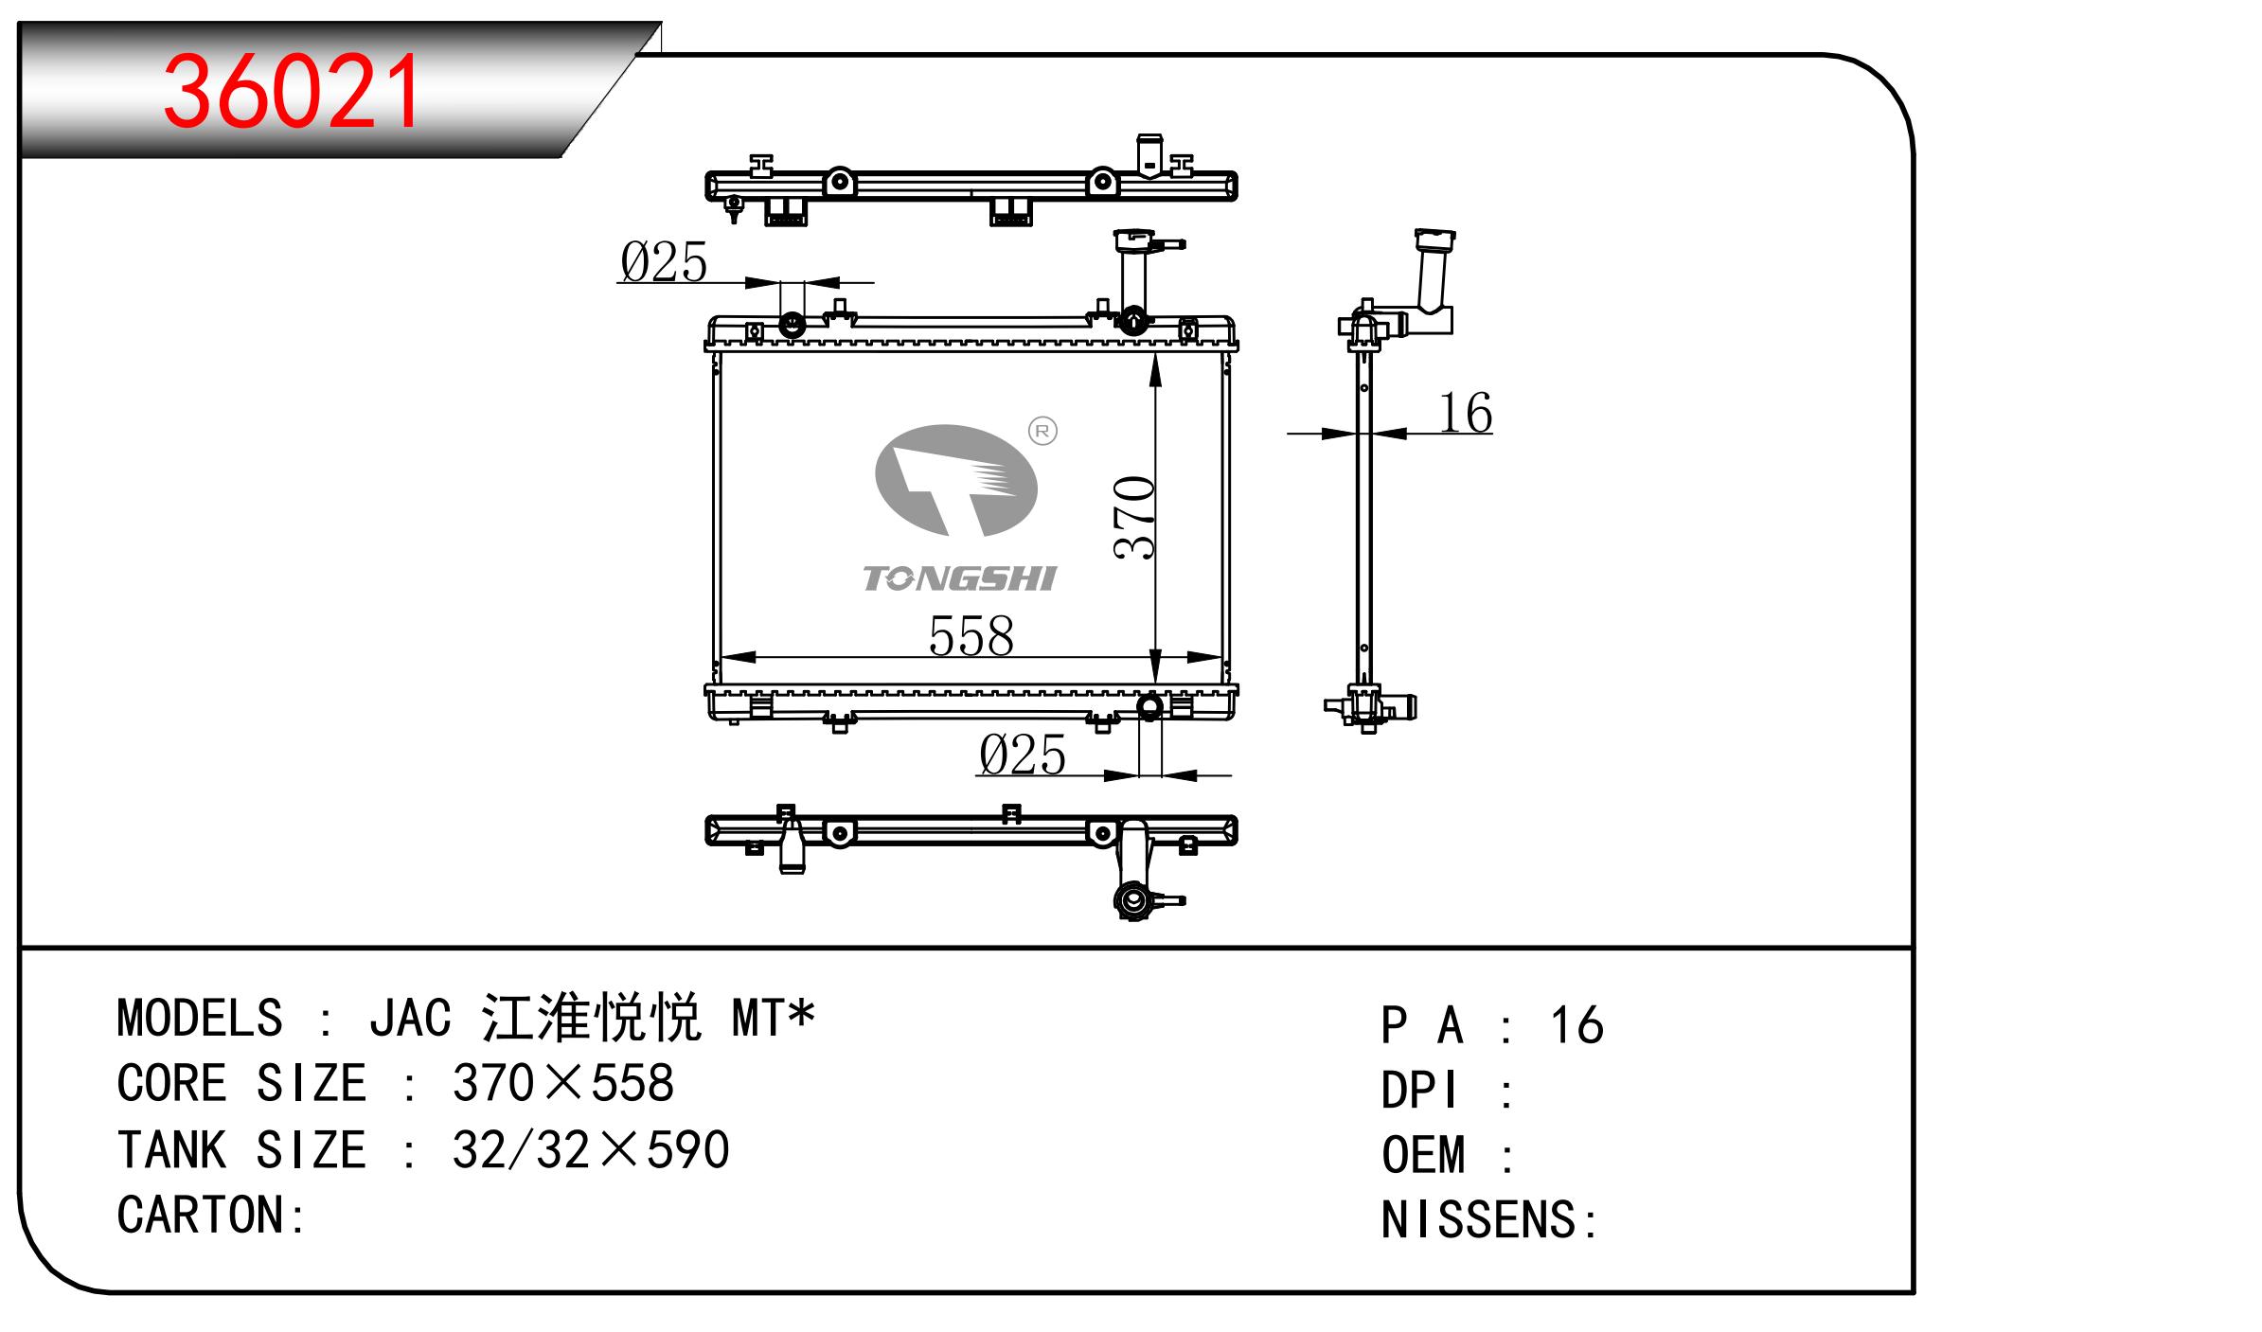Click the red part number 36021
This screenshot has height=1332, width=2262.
pyautogui.click(x=293, y=91)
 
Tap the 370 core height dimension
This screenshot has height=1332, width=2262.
pyautogui.click(x=1134, y=518)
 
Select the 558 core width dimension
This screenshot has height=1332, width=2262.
pyautogui.click(x=971, y=635)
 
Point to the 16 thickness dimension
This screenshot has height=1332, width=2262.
pyautogui.click(x=1466, y=413)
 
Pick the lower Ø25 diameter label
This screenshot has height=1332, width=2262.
pyautogui.click(x=1023, y=755)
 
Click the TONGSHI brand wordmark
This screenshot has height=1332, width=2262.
pyautogui.click(x=960, y=578)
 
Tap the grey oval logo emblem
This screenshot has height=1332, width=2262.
pyautogui.click(x=955, y=480)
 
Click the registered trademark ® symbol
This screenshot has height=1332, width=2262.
pyautogui.click(x=1042, y=432)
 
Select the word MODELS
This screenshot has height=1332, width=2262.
pyautogui.click(x=200, y=1019)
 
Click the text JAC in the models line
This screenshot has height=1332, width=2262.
pyautogui.click(x=410, y=1019)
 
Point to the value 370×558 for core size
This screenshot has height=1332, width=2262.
pyautogui.click(x=562, y=1083)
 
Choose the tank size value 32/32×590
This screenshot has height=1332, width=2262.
pyautogui.click(x=591, y=1149)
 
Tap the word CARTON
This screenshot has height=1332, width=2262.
pyautogui.click(x=200, y=1215)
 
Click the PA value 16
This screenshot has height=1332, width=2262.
pyautogui.click(x=1576, y=1025)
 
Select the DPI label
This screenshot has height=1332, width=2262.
pyautogui.click(x=1418, y=1091)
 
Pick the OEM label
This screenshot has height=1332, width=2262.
pyautogui.click(x=1423, y=1156)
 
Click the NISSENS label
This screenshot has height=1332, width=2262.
pyautogui.click(x=1478, y=1219)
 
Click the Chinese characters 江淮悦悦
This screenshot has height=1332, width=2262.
pyautogui.click(x=591, y=1019)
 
